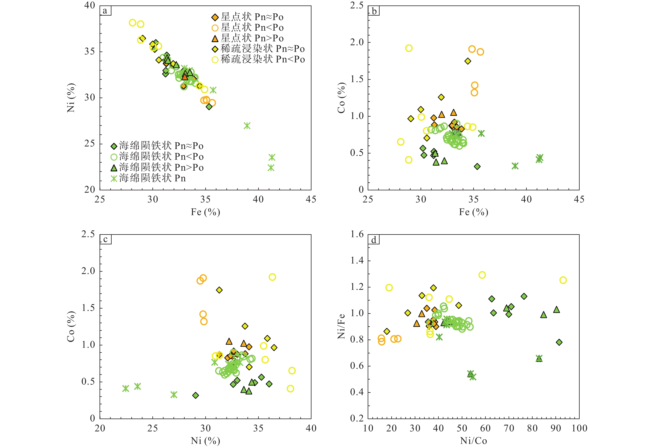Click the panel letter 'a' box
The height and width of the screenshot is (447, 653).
pyautogui.click(x=105, y=11)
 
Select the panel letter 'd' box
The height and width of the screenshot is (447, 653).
pyautogui.click(x=374, y=240)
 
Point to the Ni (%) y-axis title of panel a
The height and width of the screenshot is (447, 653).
pyautogui.click(x=71, y=98)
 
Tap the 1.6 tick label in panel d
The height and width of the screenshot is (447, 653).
pyautogui.click(x=357, y=234)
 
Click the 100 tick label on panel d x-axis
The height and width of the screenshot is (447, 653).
pyautogui.click(x=579, y=428)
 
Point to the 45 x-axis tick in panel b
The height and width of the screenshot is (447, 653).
pyautogui.click(x=579, y=199)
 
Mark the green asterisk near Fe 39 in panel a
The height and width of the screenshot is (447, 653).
pyautogui.click(x=247, y=126)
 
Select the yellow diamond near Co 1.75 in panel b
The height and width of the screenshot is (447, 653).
pyautogui.click(x=468, y=61)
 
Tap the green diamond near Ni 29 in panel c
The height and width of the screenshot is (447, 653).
pyautogui.click(x=196, y=395)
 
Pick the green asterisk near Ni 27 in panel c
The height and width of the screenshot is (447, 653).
pyautogui.click(x=174, y=395)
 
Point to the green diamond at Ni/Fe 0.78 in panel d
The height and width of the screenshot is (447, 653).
pyautogui.click(x=559, y=342)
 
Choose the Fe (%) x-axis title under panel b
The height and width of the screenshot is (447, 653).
pyautogui.click(x=473, y=212)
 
